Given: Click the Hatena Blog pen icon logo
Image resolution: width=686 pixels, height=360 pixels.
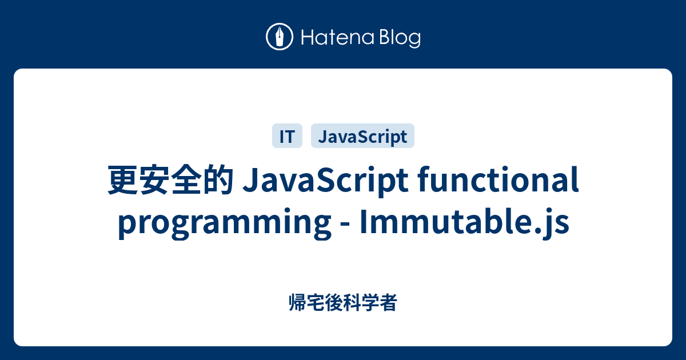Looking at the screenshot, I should point(280,37).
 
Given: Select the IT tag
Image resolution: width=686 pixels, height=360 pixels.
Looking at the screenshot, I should point(286,137).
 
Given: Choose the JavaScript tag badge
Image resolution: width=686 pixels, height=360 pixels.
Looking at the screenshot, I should point(362,137).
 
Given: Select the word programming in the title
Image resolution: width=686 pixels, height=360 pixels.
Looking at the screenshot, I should point(221,223).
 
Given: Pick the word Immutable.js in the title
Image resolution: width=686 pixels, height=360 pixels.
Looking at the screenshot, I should point(464,223).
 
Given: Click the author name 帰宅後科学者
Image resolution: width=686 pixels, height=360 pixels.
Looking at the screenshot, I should point(343,303).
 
